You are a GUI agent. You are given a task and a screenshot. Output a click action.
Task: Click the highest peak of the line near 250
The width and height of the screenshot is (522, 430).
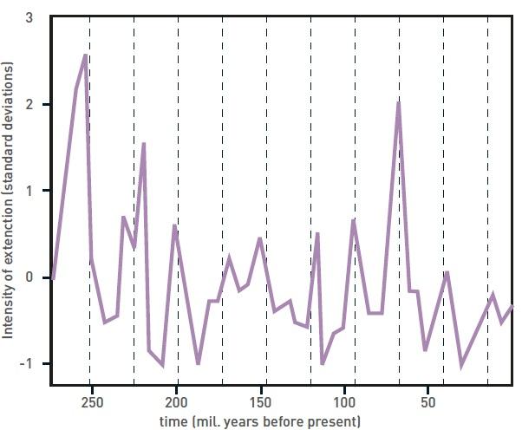point(85,55)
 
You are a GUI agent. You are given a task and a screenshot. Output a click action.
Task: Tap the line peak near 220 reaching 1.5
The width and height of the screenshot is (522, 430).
point(143,143)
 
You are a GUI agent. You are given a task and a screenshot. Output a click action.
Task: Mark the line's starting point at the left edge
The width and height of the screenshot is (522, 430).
point(53,278)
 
